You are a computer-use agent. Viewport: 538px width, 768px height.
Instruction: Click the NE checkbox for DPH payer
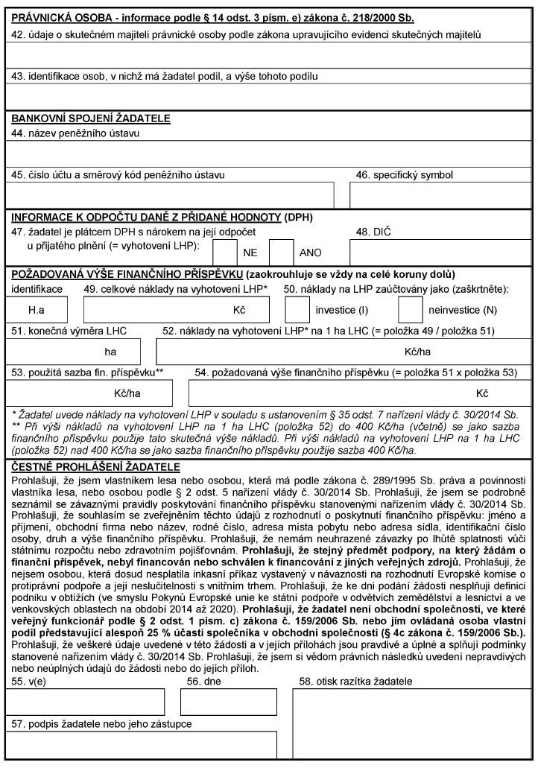coord(224,252)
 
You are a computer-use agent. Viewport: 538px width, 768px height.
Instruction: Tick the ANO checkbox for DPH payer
coord(281,252)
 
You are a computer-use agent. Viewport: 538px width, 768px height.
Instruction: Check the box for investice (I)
coord(297,308)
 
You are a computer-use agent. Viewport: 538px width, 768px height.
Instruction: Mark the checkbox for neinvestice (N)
coord(411,308)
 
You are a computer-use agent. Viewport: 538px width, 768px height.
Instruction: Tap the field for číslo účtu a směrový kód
coord(170,194)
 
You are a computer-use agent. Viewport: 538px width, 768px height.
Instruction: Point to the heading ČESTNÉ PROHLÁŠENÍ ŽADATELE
coord(95,467)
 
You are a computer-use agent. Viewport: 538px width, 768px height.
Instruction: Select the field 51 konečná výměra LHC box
coord(73,351)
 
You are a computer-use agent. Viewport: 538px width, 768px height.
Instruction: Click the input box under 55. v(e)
coord(85,701)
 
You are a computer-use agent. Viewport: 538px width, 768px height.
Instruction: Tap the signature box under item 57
coord(142,745)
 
